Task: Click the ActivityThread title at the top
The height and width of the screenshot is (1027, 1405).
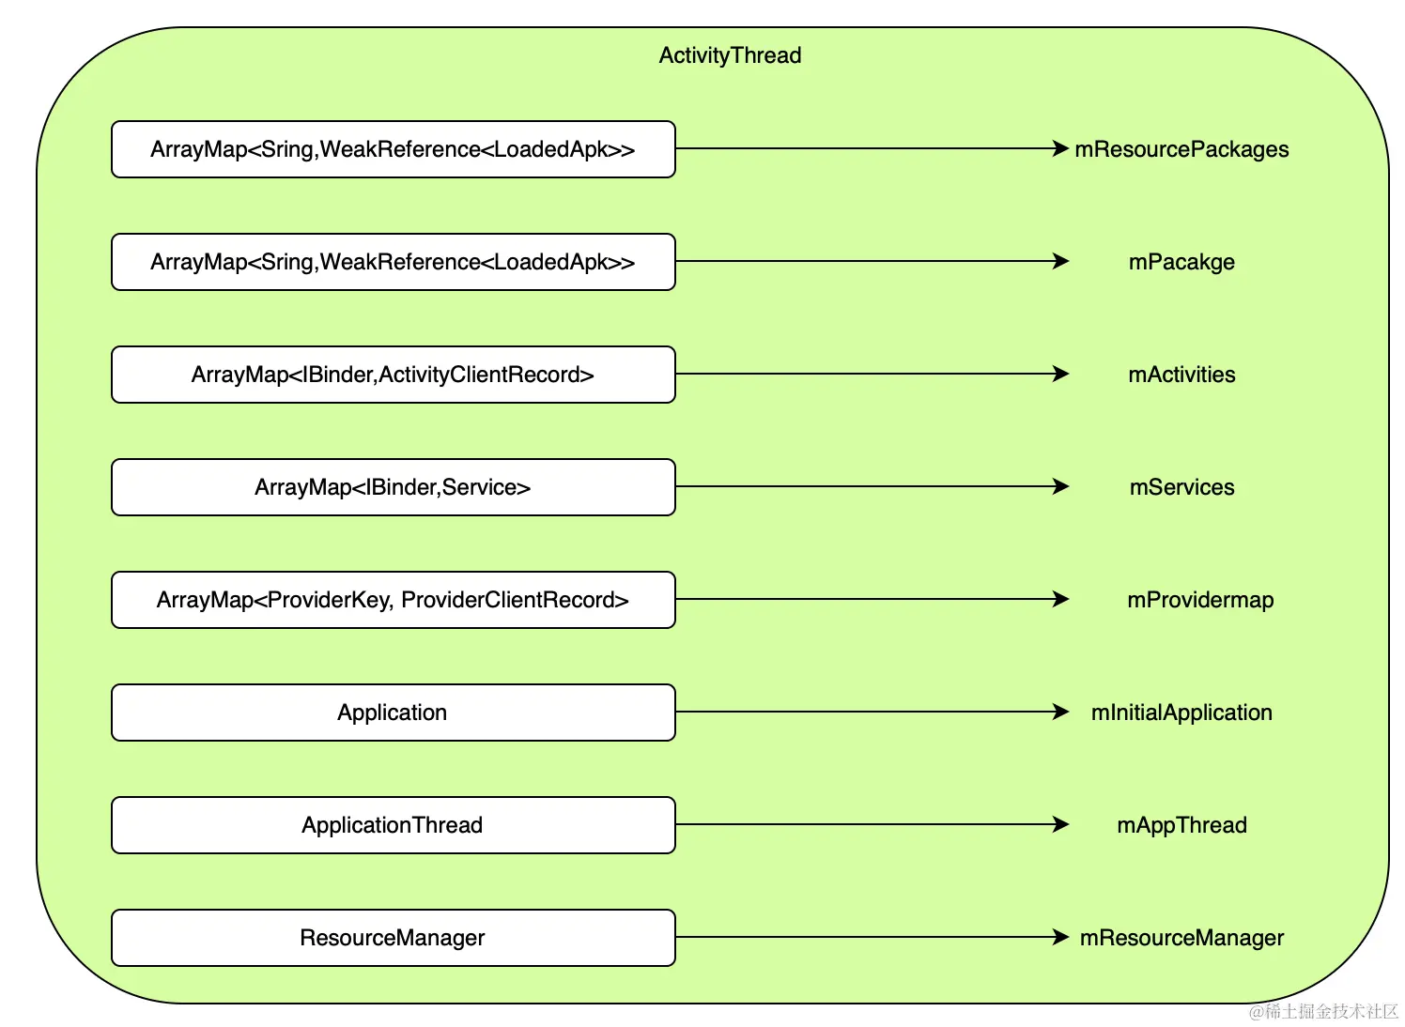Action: click(x=730, y=55)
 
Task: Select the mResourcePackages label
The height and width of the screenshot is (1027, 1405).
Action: click(x=1181, y=149)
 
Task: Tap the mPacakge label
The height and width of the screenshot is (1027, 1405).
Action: click(x=1181, y=262)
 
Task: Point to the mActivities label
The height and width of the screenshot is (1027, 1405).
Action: click(x=1181, y=375)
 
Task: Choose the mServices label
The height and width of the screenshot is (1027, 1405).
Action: click(x=1181, y=487)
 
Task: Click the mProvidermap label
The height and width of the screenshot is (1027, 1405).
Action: click(x=1200, y=600)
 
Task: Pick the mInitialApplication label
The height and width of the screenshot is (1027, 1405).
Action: click(x=1181, y=713)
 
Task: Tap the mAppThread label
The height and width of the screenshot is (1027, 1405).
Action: click(x=1181, y=825)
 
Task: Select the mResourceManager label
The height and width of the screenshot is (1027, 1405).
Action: click(x=1181, y=938)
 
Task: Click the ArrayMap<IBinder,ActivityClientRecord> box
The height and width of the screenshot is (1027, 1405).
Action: click(x=394, y=375)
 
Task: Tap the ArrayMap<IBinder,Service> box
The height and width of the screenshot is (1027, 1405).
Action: click(x=394, y=487)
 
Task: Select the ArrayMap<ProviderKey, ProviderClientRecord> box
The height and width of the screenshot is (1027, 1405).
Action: click(x=394, y=600)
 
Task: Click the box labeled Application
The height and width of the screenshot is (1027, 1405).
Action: click(x=394, y=713)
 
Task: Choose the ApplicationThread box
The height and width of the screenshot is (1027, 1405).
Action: click(x=394, y=825)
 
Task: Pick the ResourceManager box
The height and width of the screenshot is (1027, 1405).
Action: click(x=394, y=938)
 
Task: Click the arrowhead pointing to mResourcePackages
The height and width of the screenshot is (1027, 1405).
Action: click(x=1060, y=148)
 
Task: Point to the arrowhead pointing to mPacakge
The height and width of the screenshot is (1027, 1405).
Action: click(x=1060, y=261)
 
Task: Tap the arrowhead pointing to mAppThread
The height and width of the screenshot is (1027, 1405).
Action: click(x=1060, y=824)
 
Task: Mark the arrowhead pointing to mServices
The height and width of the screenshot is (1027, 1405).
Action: click(x=1060, y=486)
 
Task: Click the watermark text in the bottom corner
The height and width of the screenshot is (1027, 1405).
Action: click(x=1323, y=1011)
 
